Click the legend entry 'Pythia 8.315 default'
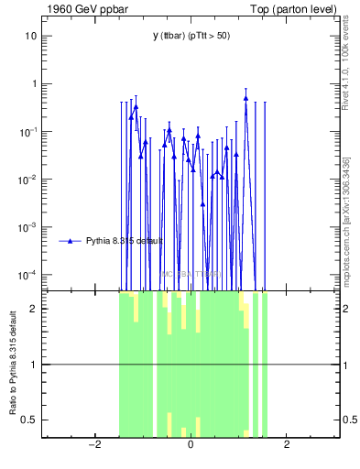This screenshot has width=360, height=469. [124, 241]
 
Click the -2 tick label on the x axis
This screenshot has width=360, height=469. [93, 446]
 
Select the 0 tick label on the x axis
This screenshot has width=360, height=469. [191, 446]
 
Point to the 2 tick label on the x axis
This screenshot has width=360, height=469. [287, 446]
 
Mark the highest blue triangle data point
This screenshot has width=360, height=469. [245, 98]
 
